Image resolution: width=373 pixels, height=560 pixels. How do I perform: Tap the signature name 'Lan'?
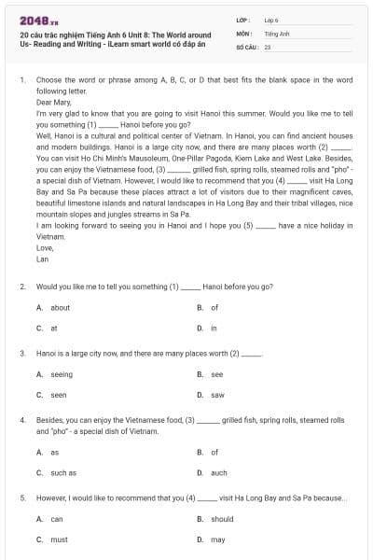42,259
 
